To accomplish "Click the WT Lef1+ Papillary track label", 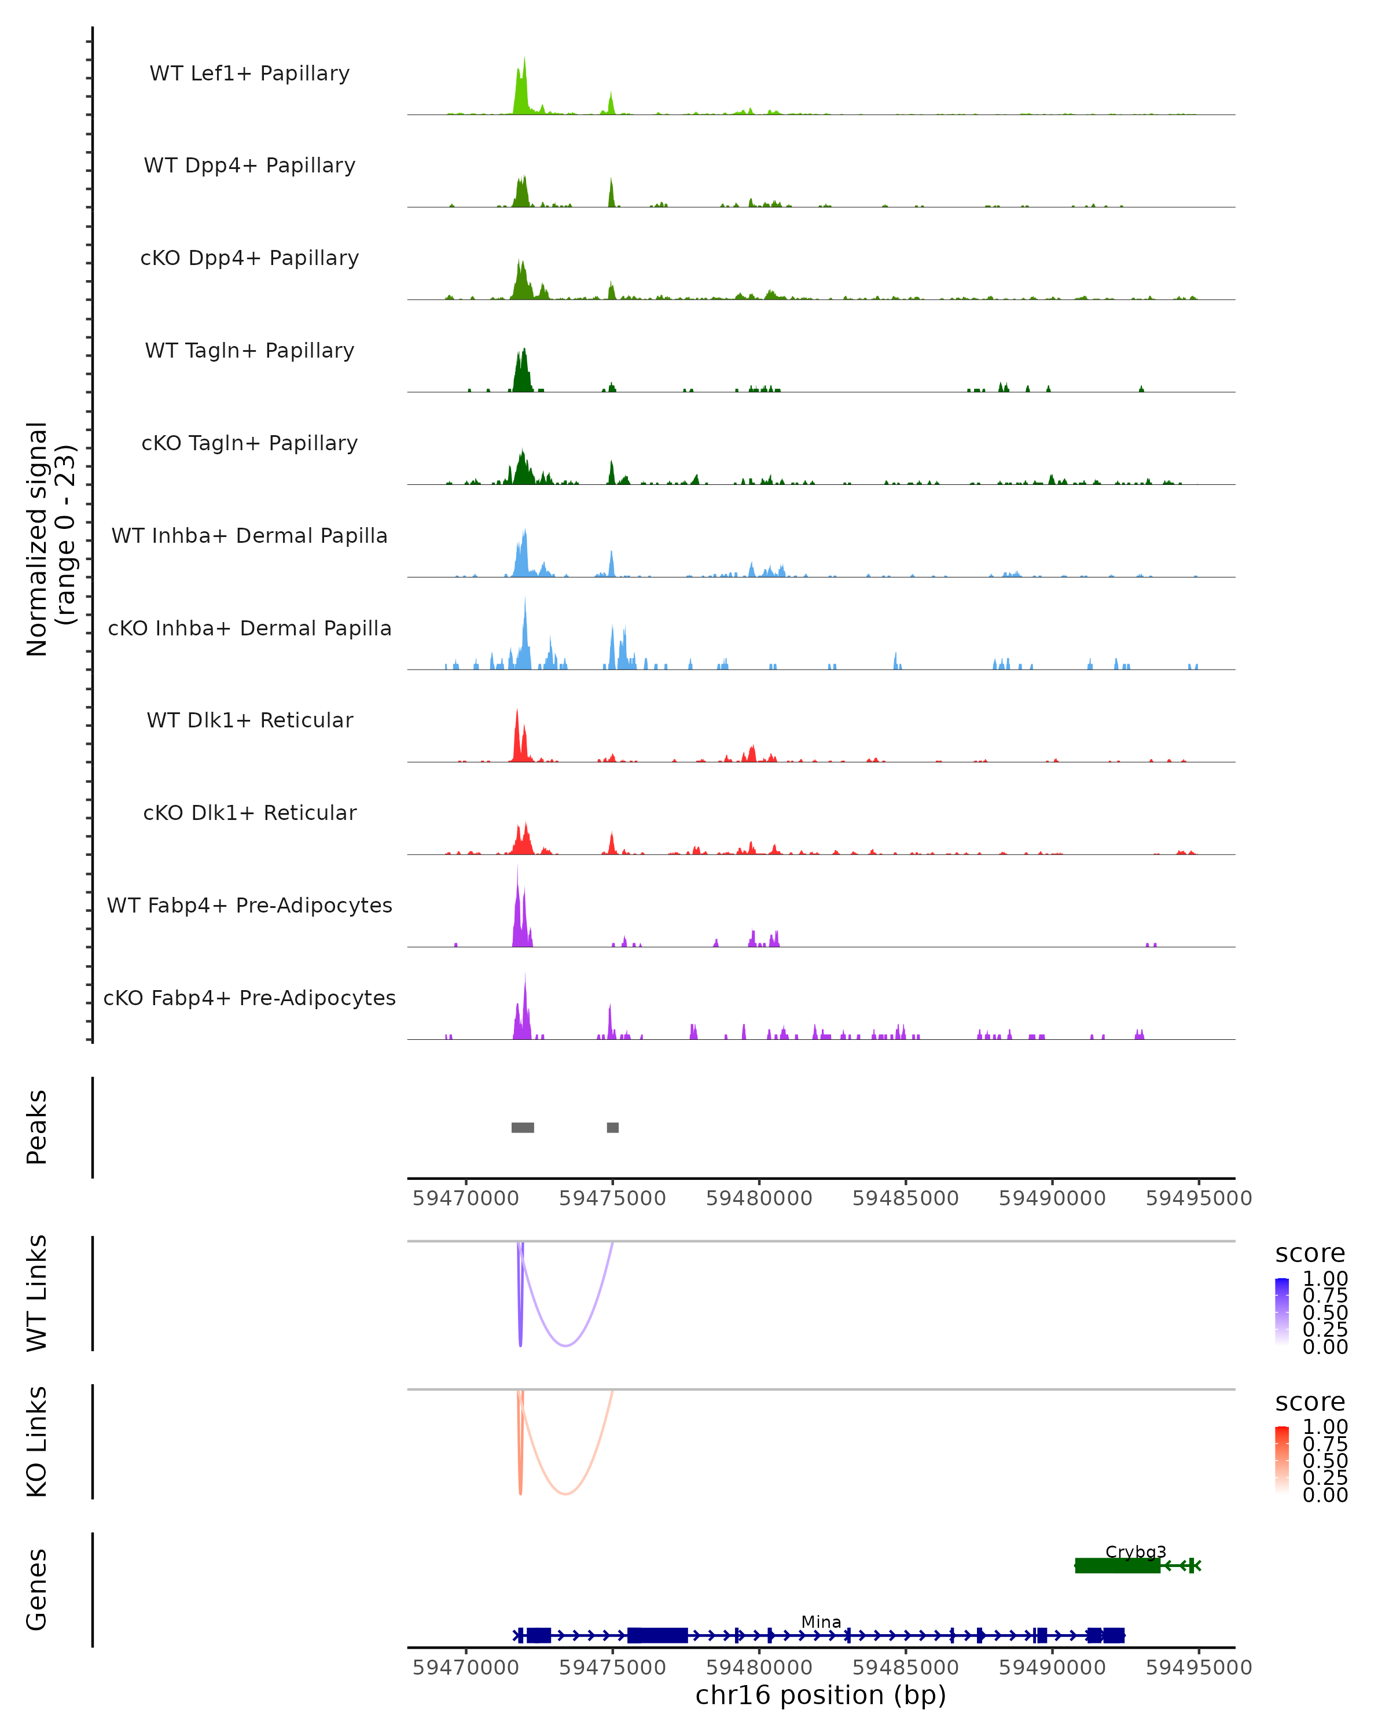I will tap(249, 73).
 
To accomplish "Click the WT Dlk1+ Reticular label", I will tap(249, 720).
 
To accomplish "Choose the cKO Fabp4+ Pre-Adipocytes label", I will tap(249, 998).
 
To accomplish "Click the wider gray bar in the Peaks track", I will tap(523, 1127).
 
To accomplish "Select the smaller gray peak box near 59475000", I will tap(613, 1127).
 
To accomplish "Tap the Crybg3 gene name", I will tap(1136, 1551).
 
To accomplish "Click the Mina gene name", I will tap(821, 1621).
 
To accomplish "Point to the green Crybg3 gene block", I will tap(1117, 1565).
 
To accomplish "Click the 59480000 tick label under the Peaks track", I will tap(759, 1198).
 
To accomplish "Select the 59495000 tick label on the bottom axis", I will tap(1198, 1668).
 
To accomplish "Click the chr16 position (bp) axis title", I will tap(821, 1695).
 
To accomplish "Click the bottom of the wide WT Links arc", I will tap(566, 1345).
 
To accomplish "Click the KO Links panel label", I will tap(37, 1441).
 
